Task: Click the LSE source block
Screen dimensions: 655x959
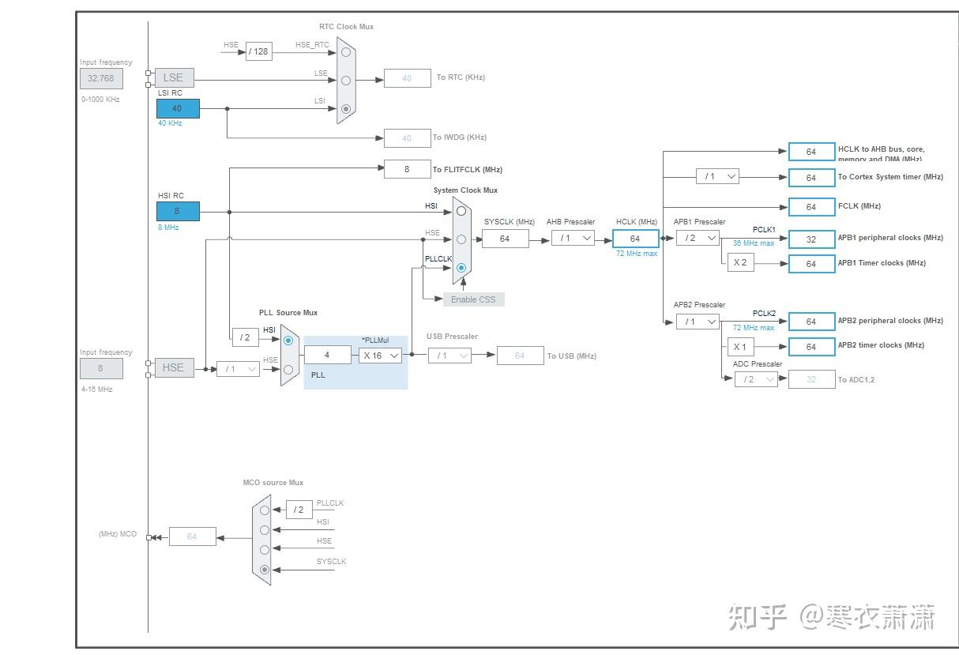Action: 173,77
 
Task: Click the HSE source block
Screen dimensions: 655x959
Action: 174,367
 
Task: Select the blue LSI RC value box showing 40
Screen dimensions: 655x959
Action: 178,108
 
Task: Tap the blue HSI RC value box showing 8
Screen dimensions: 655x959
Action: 178,211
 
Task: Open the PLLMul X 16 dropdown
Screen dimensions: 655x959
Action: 381,356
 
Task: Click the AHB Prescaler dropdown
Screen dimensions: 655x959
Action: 573,238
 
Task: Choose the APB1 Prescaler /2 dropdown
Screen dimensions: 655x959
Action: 698,238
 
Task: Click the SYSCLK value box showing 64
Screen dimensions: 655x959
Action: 505,239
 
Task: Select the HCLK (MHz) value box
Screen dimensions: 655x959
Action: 635,239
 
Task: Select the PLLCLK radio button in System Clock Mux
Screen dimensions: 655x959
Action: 461,268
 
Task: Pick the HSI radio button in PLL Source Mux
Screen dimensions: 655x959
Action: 288,341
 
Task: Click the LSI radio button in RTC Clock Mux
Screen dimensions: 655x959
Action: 346,110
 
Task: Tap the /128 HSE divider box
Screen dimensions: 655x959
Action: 258,51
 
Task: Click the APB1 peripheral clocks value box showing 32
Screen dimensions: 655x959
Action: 811,239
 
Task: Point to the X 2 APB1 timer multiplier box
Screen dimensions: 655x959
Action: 740,263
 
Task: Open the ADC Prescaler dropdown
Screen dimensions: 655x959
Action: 756,379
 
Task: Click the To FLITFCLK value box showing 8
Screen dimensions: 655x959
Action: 407,169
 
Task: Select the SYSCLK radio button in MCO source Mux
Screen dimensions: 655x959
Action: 265,569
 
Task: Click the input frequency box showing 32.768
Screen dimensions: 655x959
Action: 101,78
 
